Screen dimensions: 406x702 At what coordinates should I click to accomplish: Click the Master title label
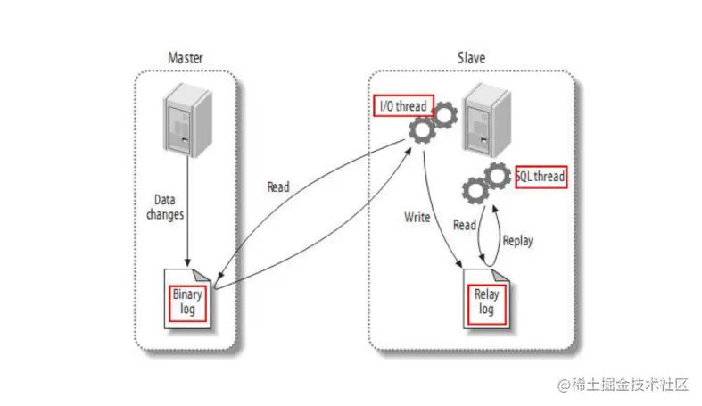click(x=186, y=58)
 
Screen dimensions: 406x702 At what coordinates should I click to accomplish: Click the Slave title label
click(x=471, y=58)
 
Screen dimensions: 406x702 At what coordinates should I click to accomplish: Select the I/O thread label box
click(x=401, y=106)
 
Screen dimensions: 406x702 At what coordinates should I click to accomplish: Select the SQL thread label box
click(x=541, y=176)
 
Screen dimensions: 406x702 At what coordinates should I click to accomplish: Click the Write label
click(x=417, y=218)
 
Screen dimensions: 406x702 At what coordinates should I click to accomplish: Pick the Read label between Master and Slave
click(x=278, y=187)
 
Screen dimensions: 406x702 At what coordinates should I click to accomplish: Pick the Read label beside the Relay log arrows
click(x=464, y=226)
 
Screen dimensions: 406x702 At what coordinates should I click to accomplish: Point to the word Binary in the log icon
click(x=188, y=294)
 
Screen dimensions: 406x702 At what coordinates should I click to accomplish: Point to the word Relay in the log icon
click(x=485, y=294)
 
